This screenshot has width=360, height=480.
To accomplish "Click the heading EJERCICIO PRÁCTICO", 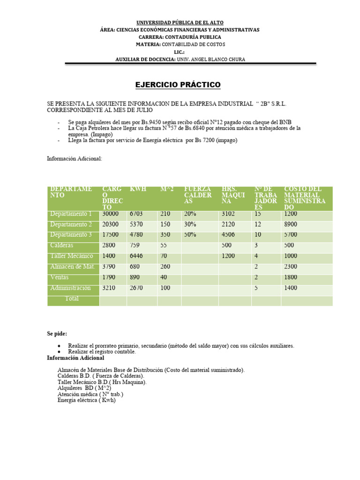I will [x=171, y=85].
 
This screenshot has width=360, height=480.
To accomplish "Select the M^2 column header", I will [x=166, y=189].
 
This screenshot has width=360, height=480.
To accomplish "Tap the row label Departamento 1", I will [x=71, y=214].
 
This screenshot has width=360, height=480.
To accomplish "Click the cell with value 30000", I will [x=111, y=214].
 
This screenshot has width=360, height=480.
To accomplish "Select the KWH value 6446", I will [x=138, y=256].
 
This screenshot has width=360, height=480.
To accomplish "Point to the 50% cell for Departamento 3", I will [x=190, y=235].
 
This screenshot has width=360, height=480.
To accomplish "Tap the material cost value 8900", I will [x=290, y=225].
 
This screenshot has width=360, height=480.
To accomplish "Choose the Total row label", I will [x=72, y=299].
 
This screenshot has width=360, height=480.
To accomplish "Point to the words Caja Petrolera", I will [x=94, y=128].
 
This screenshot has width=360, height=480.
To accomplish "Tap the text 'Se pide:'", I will [x=57, y=334].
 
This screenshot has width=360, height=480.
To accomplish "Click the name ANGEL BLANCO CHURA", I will [x=216, y=59].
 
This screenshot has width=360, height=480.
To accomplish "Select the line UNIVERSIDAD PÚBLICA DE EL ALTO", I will [x=180, y=22].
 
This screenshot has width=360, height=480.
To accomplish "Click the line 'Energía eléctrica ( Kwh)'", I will [x=86, y=400].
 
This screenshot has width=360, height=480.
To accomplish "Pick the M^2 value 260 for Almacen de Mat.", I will [x=165, y=267].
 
